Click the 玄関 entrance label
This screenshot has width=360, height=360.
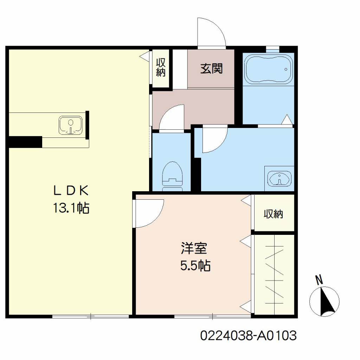[211, 69]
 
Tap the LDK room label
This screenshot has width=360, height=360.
[71, 190]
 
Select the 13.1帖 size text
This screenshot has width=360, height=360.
[71, 208]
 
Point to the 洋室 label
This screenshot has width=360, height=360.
[194, 248]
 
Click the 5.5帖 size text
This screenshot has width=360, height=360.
[195, 266]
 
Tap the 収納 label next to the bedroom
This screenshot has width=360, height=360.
[273, 214]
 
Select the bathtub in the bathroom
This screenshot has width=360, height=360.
[268, 69]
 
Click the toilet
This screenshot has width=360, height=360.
[172, 176]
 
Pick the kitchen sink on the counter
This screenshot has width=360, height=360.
[71, 125]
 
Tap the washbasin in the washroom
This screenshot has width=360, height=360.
[279, 178]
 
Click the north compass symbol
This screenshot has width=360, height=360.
[324, 301]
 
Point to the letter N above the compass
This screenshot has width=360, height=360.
[319, 280]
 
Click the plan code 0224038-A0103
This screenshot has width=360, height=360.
[249, 335]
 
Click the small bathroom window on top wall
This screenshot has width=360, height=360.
[272, 48]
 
